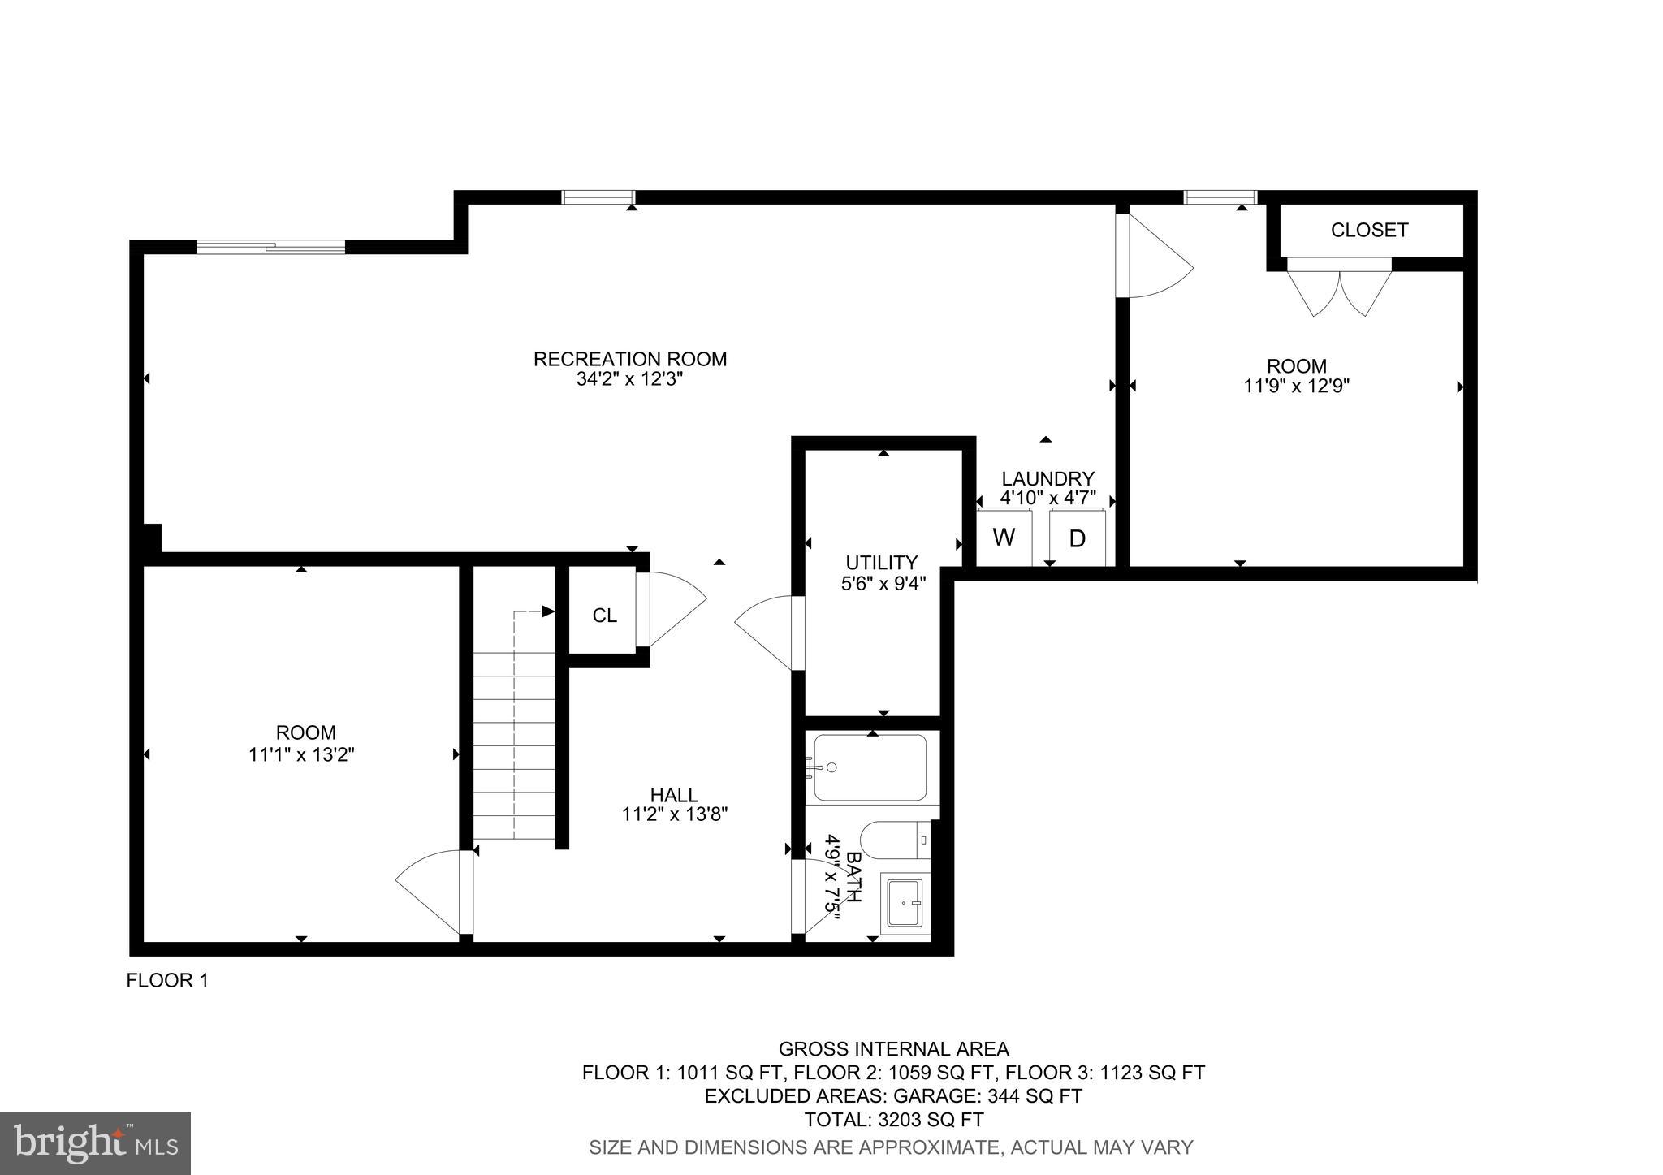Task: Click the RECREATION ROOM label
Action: (629, 359)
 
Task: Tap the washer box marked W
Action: (1004, 538)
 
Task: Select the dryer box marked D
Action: (1077, 538)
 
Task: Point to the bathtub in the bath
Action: (870, 768)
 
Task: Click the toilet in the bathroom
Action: (893, 839)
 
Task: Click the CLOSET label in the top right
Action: (1369, 230)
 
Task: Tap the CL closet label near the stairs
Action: (604, 616)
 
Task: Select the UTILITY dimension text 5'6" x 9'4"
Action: (883, 583)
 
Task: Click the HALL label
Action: (673, 795)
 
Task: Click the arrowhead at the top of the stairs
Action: (548, 611)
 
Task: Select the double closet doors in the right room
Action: (1339, 291)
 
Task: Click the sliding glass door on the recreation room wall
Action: (270, 247)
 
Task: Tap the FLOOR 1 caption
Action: (167, 981)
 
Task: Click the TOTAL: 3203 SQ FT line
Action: (893, 1120)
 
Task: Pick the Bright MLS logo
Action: (96, 1143)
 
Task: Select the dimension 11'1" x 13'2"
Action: (301, 754)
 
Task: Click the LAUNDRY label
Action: (1047, 479)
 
